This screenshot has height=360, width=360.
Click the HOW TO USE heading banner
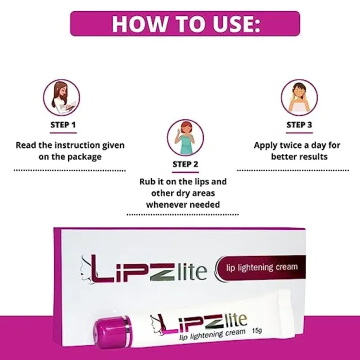185,23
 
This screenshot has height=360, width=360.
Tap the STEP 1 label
63,124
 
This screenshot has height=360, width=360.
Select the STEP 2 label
185,163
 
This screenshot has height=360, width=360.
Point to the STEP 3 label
299,124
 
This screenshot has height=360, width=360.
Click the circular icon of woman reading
62,97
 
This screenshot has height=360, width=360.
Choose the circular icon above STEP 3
299,97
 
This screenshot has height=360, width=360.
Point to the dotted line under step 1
69,170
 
